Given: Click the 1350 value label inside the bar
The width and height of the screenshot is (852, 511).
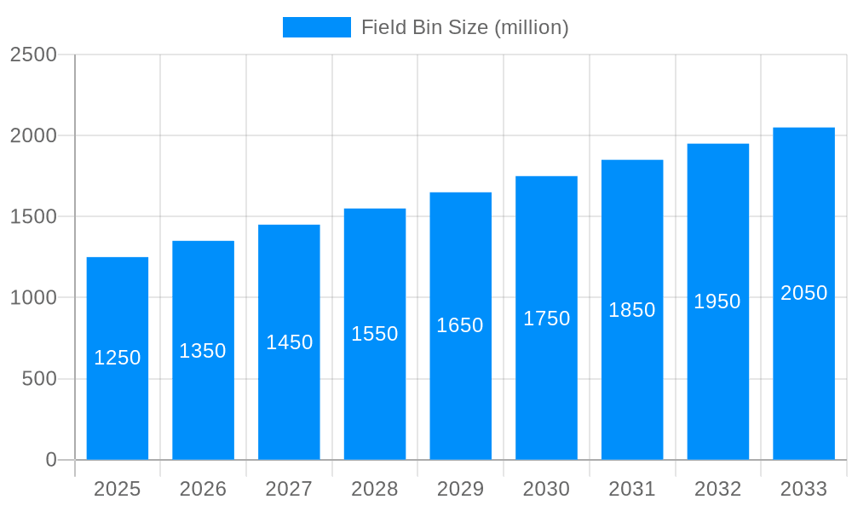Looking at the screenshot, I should tap(203, 351).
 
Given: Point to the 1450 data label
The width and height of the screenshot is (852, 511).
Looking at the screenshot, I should tap(290, 342).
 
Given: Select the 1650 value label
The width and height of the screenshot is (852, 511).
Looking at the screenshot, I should tap(460, 325).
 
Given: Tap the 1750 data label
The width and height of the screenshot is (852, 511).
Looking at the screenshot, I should tap(546, 319).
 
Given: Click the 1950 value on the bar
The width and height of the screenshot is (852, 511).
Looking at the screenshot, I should tap(717, 301).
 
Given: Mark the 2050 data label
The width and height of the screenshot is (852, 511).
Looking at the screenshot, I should tap(803, 293).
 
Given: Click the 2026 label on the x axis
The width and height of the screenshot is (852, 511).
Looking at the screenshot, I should tap(203, 489).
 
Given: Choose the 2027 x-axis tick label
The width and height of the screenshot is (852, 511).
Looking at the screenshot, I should tap(289, 489).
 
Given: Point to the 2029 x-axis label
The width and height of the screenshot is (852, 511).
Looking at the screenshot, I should tap(460, 489).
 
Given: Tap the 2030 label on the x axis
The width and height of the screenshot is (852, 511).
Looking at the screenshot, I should tap(546, 489).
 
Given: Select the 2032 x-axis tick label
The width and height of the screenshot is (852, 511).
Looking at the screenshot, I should tap(717, 489).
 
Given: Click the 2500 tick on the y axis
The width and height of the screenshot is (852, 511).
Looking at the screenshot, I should tap(33, 55).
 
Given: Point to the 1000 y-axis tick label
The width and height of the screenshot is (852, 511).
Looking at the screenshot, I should tap(33, 298).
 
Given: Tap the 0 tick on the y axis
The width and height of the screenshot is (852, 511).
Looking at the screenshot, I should tap(51, 460).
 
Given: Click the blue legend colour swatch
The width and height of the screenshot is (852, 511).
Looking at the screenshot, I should tap(316, 27).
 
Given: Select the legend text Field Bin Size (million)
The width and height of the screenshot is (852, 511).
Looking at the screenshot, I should tap(464, 27).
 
